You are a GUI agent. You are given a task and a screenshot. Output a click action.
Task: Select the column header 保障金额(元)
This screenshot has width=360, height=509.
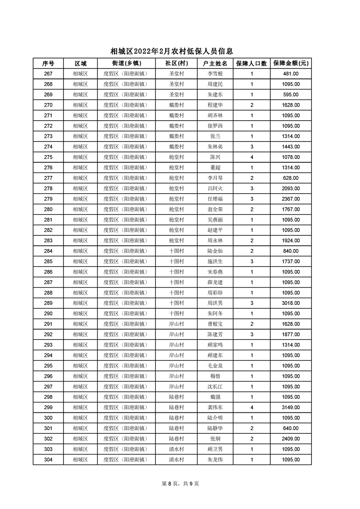[x=291, y=63]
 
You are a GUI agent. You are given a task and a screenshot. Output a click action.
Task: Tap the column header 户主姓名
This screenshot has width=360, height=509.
[x=215, y=63]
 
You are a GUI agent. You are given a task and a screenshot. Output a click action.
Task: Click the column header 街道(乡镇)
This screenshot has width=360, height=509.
[x=126, y=63]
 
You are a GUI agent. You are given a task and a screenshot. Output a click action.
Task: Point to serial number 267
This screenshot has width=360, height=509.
[x=48, y=73]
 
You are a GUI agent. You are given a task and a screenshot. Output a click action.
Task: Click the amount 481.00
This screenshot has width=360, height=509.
[x=291, y=73]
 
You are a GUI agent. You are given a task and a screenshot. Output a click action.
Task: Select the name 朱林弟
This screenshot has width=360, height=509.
[x=215, y=147]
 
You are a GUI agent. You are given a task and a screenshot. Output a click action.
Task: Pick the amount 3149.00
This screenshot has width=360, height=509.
[x=291, y=407]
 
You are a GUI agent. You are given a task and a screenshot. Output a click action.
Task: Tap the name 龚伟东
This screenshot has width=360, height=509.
[x=215, y=407]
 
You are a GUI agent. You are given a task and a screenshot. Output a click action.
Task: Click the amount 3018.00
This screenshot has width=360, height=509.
[x=291, y=303]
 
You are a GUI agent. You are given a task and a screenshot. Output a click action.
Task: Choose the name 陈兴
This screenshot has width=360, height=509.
[x=215, y=157]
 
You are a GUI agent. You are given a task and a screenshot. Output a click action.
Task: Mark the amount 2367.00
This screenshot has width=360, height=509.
[x=291, y=199]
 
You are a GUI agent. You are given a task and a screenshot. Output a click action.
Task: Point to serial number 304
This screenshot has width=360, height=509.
[x=48, y=460]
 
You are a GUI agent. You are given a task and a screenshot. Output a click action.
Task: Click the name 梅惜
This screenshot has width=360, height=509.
[x=215, y=376]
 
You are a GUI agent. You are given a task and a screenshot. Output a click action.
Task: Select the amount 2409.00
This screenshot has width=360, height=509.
[x=291, y=439]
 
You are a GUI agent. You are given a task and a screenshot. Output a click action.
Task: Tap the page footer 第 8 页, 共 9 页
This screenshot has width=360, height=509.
[x=180, y=484]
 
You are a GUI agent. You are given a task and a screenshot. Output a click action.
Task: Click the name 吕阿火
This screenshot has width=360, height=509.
[x=215, y=188]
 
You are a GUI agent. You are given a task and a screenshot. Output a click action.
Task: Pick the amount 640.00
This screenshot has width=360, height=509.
[x=291, y=428]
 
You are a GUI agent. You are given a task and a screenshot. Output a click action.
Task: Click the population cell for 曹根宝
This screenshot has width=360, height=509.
[x=252, y=324]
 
